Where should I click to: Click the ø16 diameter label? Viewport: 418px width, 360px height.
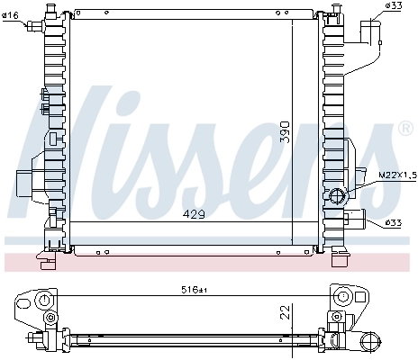click(12, 15)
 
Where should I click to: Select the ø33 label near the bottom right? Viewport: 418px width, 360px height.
click(393, 221)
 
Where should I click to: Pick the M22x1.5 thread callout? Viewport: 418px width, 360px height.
click(395, 175)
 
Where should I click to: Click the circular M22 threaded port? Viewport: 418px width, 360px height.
click(340, 196)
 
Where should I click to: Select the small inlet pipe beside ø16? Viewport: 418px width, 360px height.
click(36, 26)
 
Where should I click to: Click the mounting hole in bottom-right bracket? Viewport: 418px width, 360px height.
click(341, 298)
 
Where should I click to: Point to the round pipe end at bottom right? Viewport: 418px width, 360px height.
click(370, 340)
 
